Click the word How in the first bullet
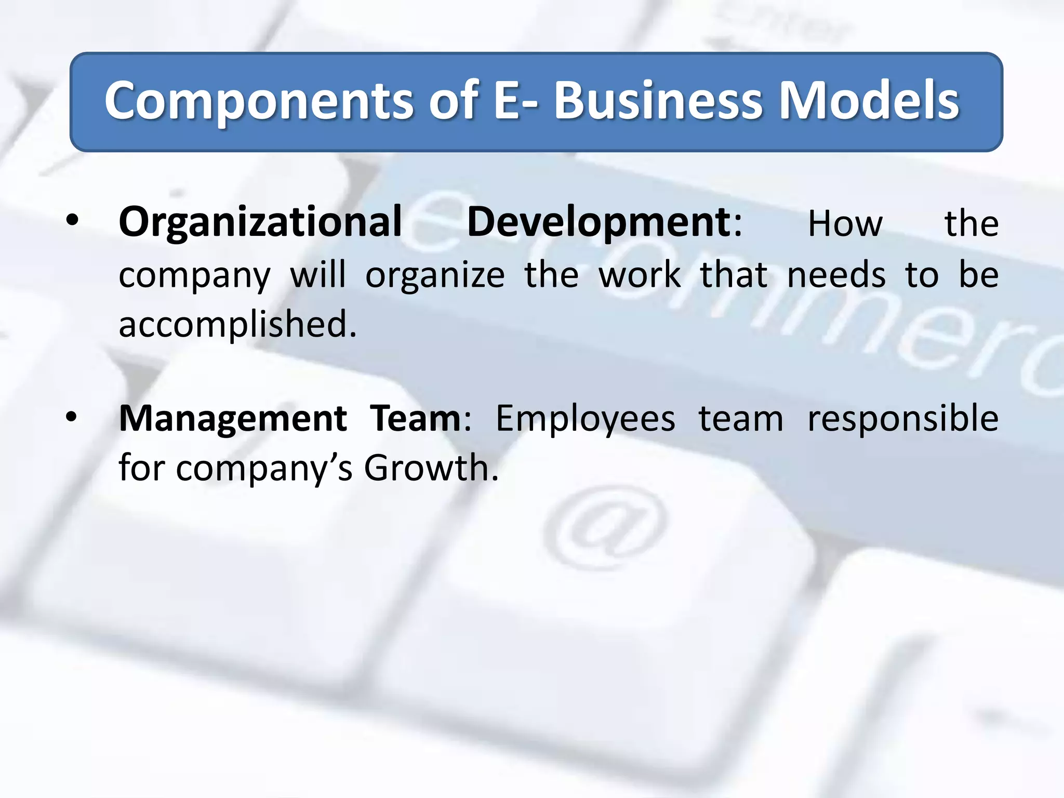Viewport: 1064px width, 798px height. coord(845,224)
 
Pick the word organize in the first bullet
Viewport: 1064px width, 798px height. coord(435,276)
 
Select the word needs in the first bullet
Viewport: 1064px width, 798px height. coord(836,275)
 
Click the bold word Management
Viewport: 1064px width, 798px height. coord(233,419)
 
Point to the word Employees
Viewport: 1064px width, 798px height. coord(586,419)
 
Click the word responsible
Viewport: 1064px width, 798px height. coord(902,419)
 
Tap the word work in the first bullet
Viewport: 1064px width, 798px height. coord(640,275)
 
